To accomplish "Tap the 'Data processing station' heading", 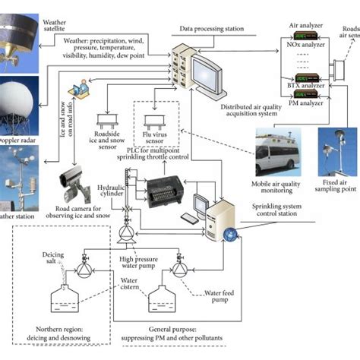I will (x=212, y=29).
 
